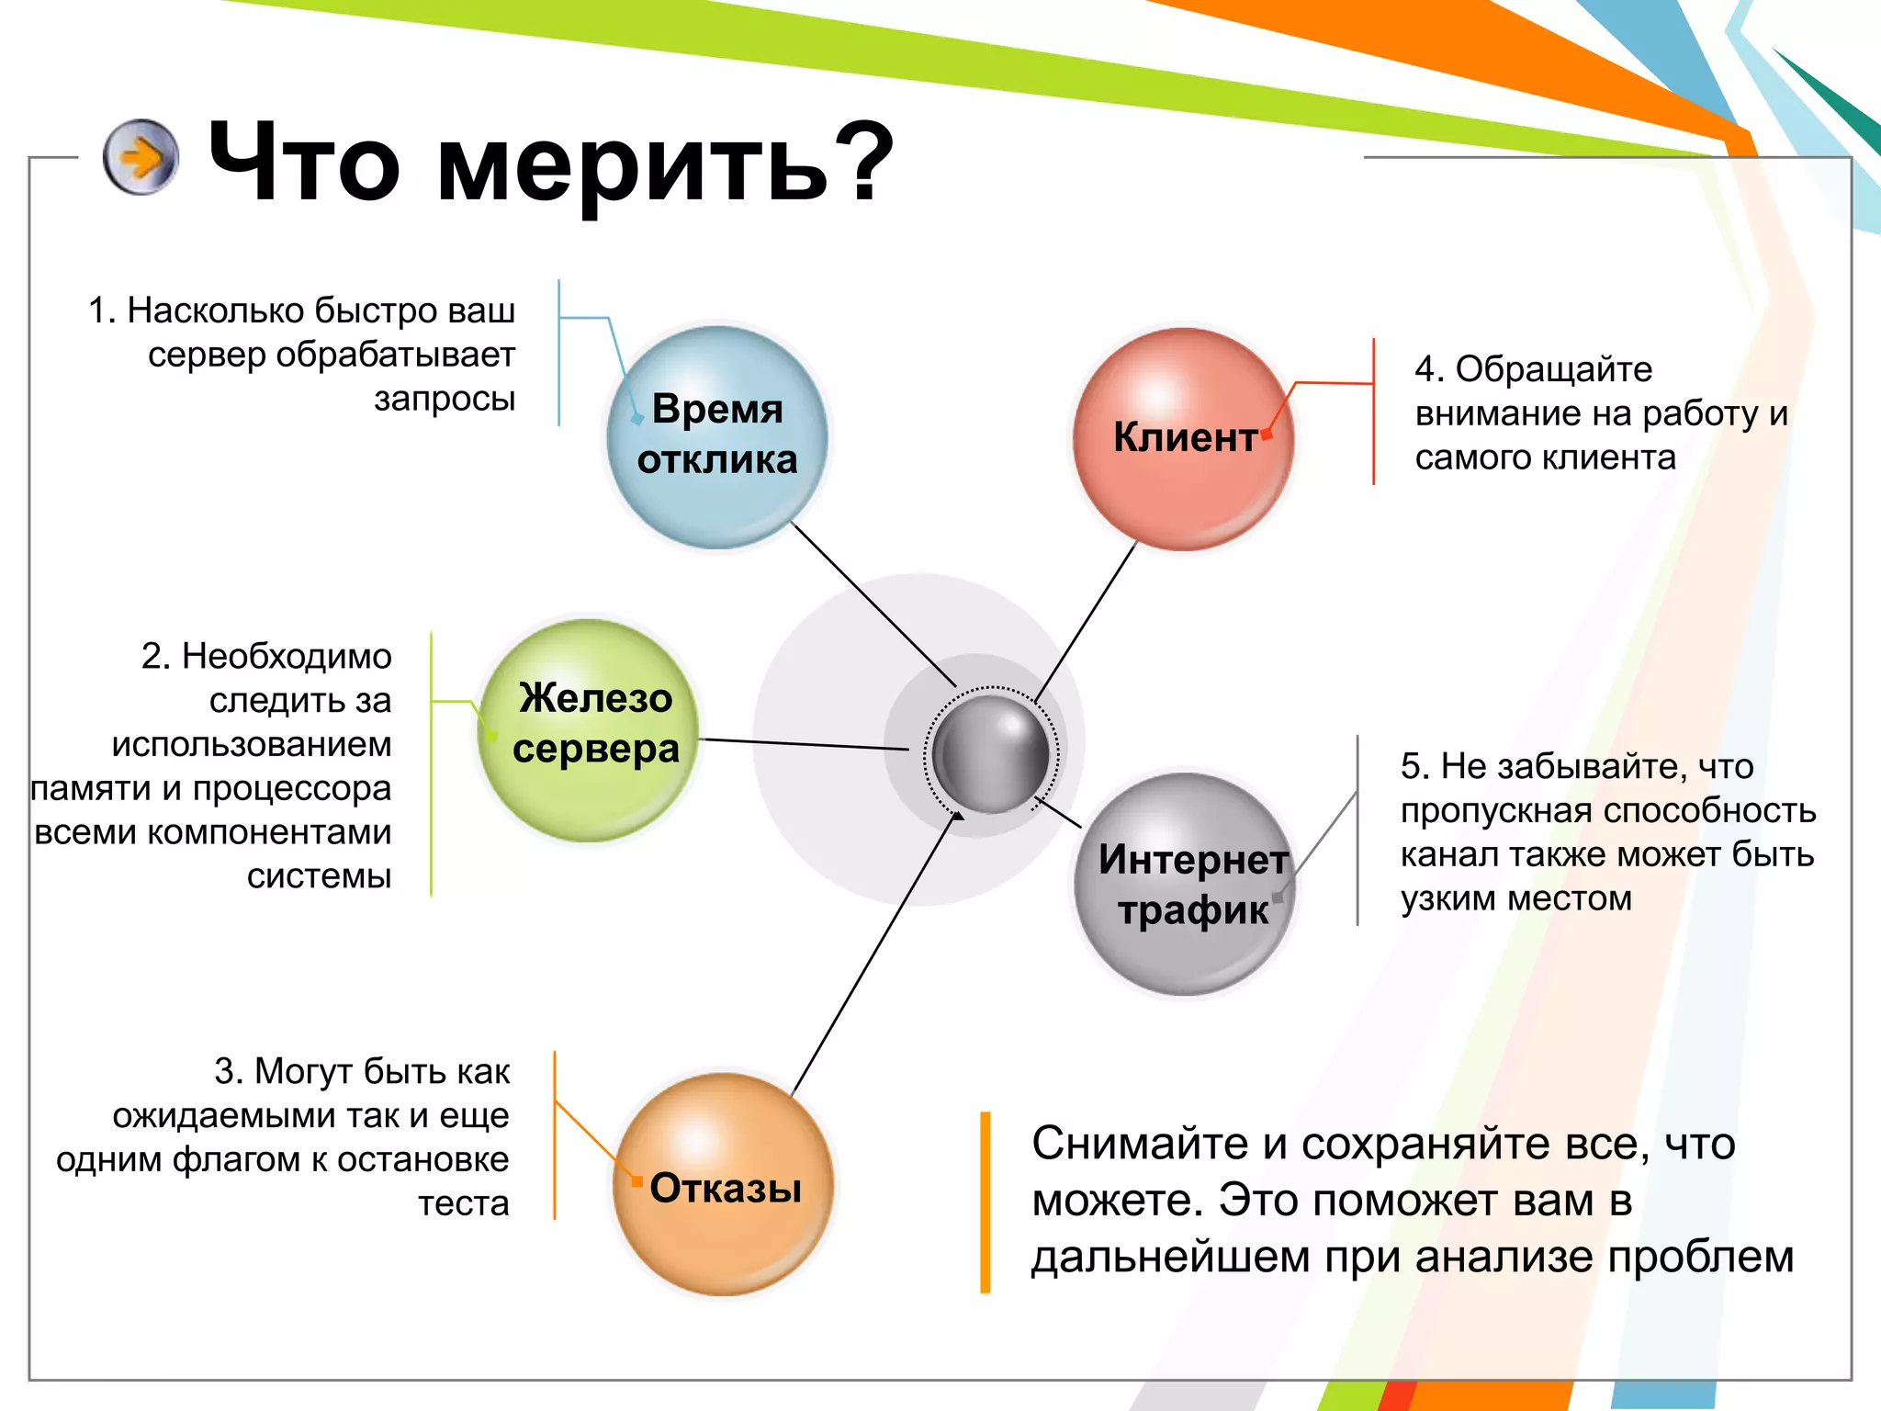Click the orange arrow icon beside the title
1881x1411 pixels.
[x=141, y=157]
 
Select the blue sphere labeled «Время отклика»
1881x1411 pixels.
[x=717, y=437]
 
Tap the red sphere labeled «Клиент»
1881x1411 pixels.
[x=1184, y=439]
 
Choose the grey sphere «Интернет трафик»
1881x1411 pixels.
[x=1185, y=884]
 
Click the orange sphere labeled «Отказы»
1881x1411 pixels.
[x=723, y=1185]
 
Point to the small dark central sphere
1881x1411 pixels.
[x=990, y=753]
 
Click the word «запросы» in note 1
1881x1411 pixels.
[x=445, y=399]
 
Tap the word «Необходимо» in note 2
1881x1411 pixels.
[x=287, y=656]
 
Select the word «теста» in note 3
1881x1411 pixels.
[x=463, y=1202]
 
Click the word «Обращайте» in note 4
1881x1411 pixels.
[x=1553, y=369]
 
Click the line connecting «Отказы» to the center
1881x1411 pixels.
[x=873, y=955]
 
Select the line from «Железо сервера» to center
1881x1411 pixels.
[x=804, y=744]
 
